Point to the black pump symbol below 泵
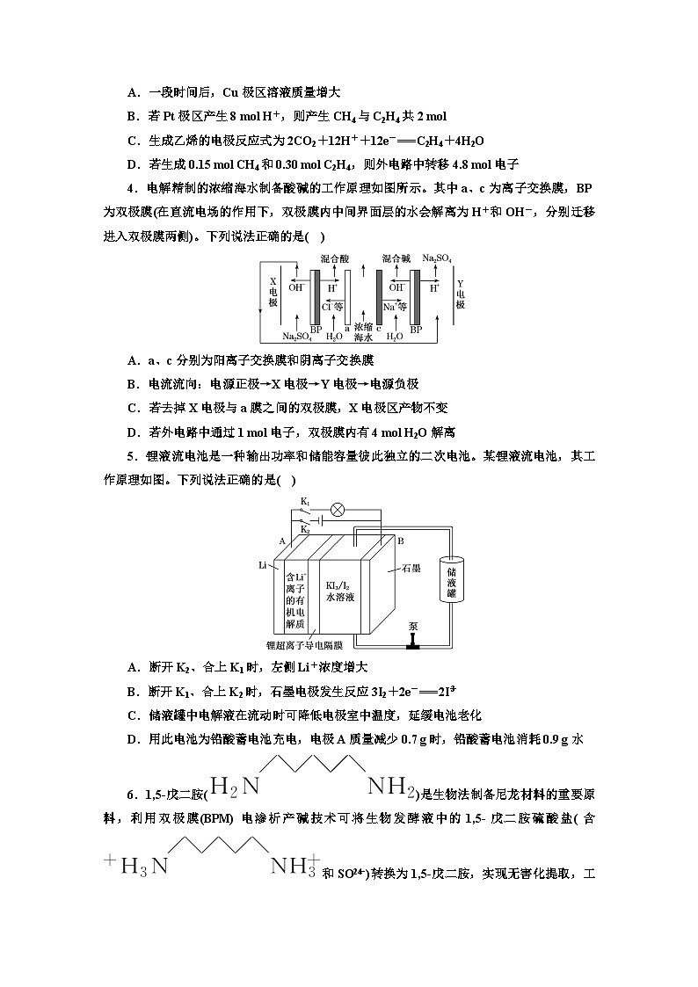(412, 644)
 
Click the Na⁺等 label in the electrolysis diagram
(395, 307)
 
